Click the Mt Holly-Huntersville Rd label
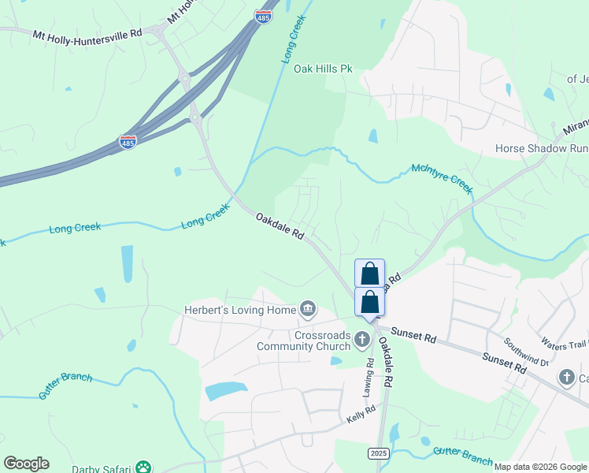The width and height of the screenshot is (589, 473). pyautogui.click(x=87, y=34)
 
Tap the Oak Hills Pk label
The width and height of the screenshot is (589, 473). pyautogui.click(x=323, y=69)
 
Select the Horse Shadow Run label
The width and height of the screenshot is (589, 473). pyautogui.click(x=542, y=148)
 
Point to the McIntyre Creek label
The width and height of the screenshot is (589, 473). pyautogui.click(x=441, y=179)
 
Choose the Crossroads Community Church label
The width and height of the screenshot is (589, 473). pyautogui.click(x=322, y=341)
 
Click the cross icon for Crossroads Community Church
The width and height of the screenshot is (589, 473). pyautogui.click(x=362, y=341)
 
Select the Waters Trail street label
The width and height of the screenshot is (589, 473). pyautogui.click(x=565, y=344)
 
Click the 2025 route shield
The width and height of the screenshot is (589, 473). pyautogui.click(x=378, y=453)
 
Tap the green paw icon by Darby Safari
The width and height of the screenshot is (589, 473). pyautogui.click(x=143, y=467)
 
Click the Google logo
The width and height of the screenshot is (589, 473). pyautogui.click(x=26, y=464)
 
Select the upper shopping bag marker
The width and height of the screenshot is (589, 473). pyautogui.click(x=370, y=274)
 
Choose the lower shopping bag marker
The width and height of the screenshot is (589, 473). pyautogui.click(x=370, y=302)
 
